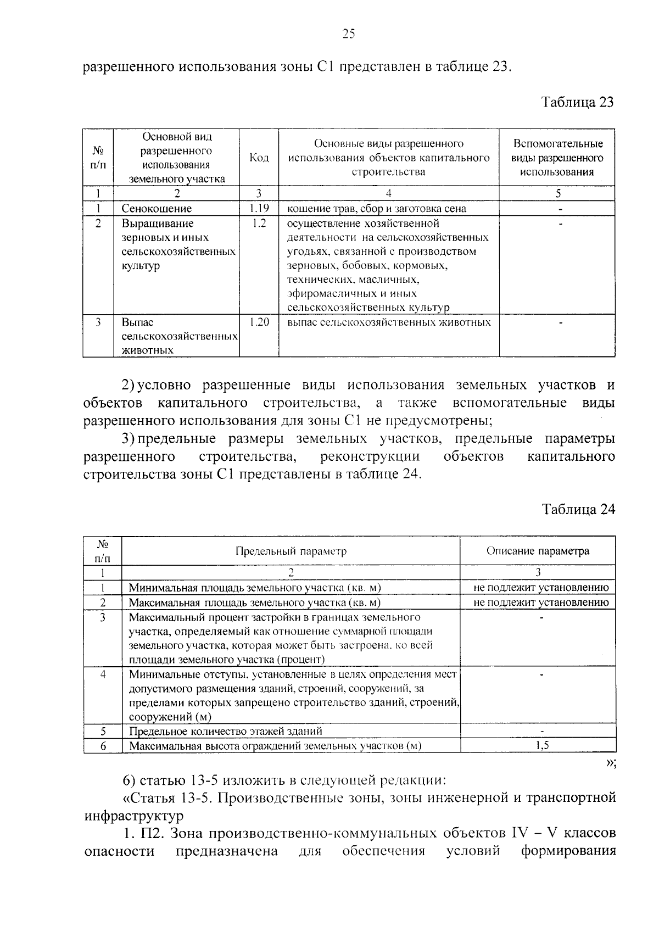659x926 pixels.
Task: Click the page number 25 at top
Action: click(349, 34)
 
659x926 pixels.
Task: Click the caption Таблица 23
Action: click(577, 102)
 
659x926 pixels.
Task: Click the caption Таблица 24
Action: click(578, 509)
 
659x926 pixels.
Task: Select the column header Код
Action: click(259, 158)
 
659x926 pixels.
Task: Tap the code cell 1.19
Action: click(258, 208)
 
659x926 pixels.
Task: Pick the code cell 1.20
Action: click(258, 322)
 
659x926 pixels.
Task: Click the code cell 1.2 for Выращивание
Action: click(258, 224)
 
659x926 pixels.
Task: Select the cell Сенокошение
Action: click(157, 209)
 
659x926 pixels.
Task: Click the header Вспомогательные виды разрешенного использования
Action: click(557, 158)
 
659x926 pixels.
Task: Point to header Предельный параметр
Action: click(291, 551)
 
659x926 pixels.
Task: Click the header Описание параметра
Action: click(538, 551)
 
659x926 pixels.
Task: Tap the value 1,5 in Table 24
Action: click(541, 745)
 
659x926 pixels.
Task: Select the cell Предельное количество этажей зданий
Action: click(225, 731)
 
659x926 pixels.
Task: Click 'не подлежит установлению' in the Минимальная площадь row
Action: click(541, 588)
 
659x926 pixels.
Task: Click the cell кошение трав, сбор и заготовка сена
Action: click(377, 209)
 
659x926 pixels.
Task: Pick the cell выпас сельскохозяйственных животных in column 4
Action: click(389, 322)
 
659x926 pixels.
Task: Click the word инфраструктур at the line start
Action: click(133, 816)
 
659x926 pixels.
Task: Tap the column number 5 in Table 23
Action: click(558, 193)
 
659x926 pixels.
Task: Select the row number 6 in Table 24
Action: click(103, 746)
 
